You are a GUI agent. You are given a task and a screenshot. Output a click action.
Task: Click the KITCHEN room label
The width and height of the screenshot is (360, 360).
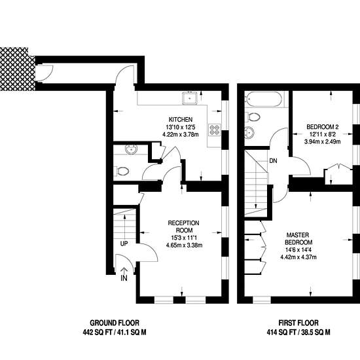[181, 119]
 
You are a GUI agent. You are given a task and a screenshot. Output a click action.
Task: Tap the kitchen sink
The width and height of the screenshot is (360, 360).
[190, 98]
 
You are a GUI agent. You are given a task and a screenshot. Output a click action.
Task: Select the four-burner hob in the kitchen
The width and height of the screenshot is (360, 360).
[215, 129]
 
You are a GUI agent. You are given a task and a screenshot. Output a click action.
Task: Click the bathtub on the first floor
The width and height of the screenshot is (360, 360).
[264, 99]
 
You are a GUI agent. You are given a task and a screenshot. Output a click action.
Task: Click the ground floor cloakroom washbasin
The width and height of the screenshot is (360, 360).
[132, 149]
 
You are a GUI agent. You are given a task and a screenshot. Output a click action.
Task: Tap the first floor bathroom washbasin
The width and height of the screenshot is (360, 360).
[249, 133]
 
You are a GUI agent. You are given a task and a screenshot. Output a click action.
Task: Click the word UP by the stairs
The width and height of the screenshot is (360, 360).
[124, 244]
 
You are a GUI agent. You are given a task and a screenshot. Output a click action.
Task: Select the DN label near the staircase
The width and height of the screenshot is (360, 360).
[273, 161]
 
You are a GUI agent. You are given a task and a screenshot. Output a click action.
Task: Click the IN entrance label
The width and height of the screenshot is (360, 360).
[124, 278]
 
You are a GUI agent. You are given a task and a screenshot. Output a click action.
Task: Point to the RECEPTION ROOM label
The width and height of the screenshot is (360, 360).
[184, 226]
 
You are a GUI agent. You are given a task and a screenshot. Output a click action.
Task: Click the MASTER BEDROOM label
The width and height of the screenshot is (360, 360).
[298, 238]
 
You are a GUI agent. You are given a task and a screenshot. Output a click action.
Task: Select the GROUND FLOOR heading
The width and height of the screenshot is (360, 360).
[115, 323]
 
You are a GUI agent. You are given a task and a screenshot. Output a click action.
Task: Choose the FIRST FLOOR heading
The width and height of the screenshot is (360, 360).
[298, 323]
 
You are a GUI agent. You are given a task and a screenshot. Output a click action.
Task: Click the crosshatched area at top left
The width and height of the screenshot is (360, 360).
[18, 69]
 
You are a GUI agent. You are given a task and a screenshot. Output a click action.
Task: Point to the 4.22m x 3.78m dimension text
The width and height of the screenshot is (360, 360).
[181, 135]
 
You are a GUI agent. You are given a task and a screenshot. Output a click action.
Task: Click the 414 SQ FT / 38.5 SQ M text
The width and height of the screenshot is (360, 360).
[298, 332]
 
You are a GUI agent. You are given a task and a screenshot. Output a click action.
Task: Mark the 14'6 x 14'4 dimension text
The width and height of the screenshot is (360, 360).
[298, 250]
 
